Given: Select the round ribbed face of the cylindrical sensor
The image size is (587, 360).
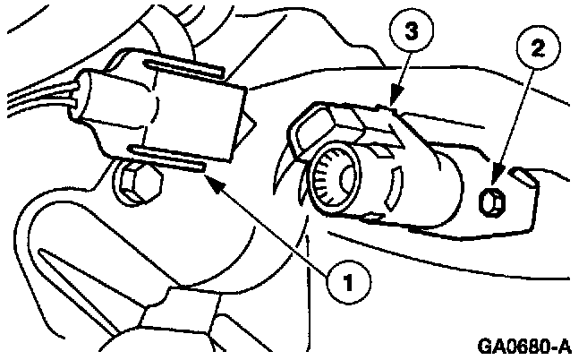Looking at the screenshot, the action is (333, 175).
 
